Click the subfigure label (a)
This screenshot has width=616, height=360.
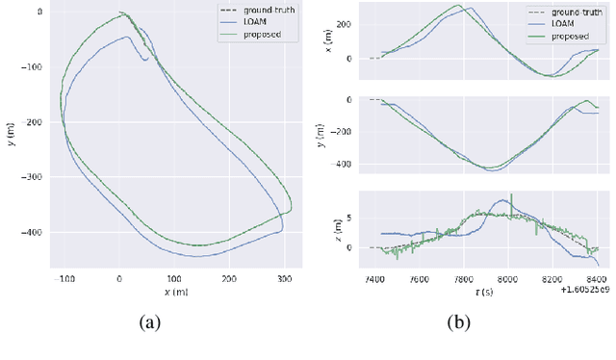149,323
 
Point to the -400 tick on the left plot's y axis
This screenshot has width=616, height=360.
34,232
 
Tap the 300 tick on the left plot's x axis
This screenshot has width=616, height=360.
283,279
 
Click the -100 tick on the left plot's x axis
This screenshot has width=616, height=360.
65,279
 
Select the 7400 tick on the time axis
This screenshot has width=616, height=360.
372,280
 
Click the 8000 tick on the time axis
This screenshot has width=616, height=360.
508,280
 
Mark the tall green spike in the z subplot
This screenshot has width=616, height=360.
511,198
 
